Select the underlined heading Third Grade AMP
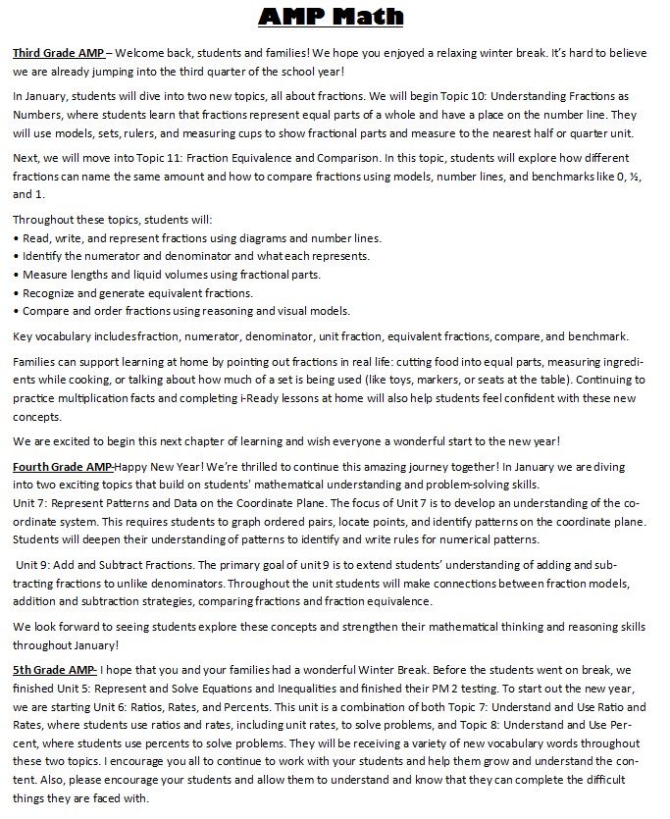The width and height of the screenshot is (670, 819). [57, 52]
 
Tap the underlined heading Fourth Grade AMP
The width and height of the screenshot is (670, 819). [63, 468]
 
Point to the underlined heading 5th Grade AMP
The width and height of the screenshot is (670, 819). [54, 670]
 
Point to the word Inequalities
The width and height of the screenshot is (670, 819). [283, 689]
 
